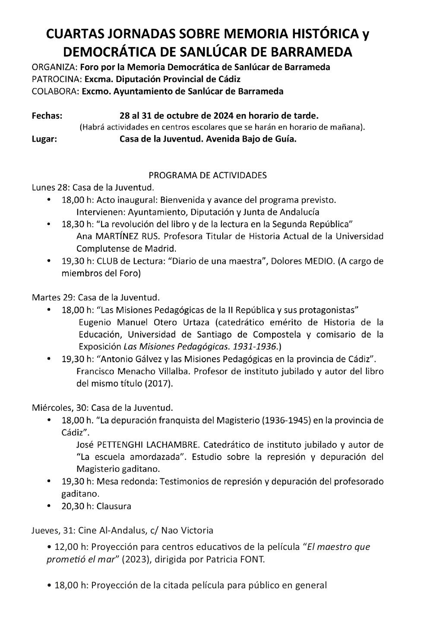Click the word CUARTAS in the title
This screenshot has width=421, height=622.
[76, 35]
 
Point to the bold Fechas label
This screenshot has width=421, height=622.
[47, 116]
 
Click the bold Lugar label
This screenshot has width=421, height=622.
[45, 139]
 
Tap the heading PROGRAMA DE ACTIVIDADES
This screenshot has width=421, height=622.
[207, 175]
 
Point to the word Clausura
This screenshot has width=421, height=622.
[114, 506]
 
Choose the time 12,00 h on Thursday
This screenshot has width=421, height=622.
[66, 547]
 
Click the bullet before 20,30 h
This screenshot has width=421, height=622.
[49, 505]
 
